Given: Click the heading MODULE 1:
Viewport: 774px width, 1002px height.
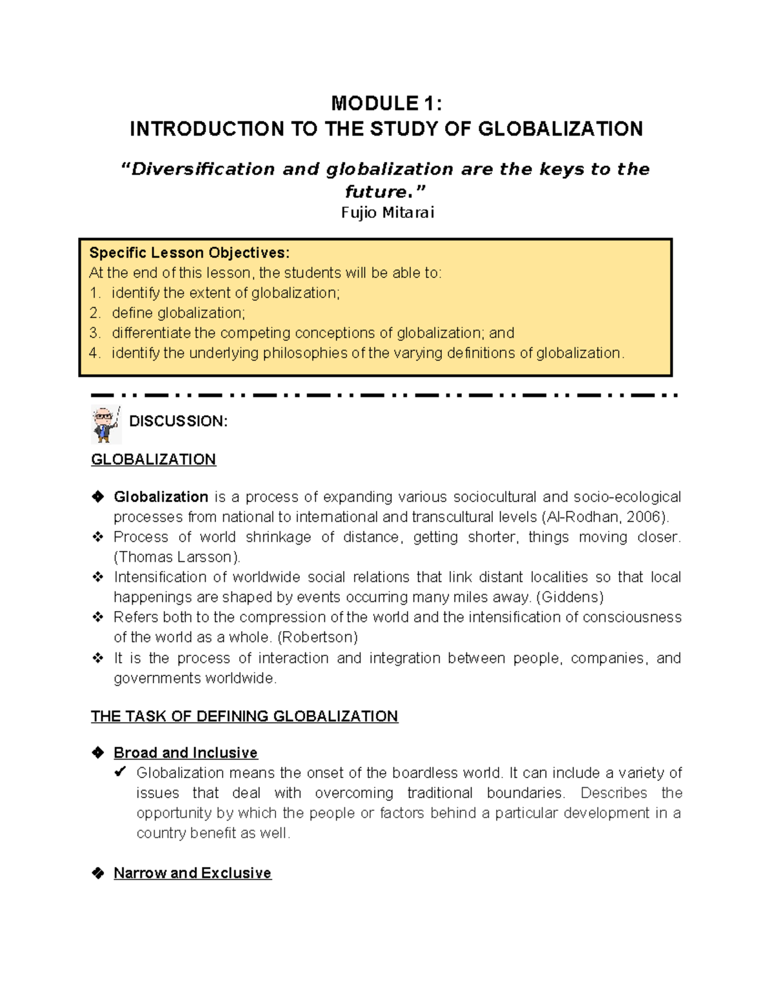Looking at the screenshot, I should (x=386, y=103).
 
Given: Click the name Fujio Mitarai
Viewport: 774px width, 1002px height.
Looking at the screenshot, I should (x=387, y=212).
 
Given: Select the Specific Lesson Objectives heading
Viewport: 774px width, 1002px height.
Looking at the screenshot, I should (x=189, y=252).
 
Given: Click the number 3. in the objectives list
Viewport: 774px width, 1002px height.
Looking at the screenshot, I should (x=95, y=333).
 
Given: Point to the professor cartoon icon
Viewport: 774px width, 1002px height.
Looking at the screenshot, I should (x=105, y=424).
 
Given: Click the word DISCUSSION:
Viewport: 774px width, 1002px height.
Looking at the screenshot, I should (x=178, y=421).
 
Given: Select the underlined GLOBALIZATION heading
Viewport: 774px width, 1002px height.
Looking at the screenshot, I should (x=154, y=459).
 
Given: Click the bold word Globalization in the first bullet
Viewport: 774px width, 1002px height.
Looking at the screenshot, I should (x=161, y=497).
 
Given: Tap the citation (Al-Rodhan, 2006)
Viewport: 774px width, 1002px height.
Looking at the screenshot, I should (x=605, y=517).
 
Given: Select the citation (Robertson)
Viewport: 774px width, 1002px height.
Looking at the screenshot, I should (x=317, y=637).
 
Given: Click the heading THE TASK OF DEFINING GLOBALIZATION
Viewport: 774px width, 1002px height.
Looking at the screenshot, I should (x=244, y=716).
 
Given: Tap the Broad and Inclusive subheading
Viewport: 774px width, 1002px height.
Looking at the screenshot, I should (x=185, y=753).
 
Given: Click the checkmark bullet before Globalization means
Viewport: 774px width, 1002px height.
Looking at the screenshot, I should (x=120, y=772).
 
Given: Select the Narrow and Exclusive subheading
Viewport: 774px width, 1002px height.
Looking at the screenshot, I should (x=192, y=873).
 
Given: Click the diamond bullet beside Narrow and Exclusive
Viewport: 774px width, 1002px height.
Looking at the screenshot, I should (x=98, y=873).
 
